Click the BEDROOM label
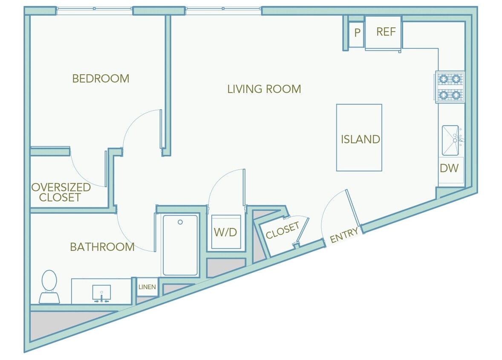101,78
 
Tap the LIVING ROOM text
264,89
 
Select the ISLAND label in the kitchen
360,139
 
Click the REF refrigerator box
386,32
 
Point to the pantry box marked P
357,32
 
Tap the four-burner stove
450,87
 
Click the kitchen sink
451,140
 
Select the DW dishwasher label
449,168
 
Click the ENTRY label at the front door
344,235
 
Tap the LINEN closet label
147,287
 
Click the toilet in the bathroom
49,285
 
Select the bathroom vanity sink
101,292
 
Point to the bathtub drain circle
180,222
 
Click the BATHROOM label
102,247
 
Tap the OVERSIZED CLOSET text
61,192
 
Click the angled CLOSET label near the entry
282,231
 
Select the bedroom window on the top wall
94,11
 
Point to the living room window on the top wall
223,11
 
